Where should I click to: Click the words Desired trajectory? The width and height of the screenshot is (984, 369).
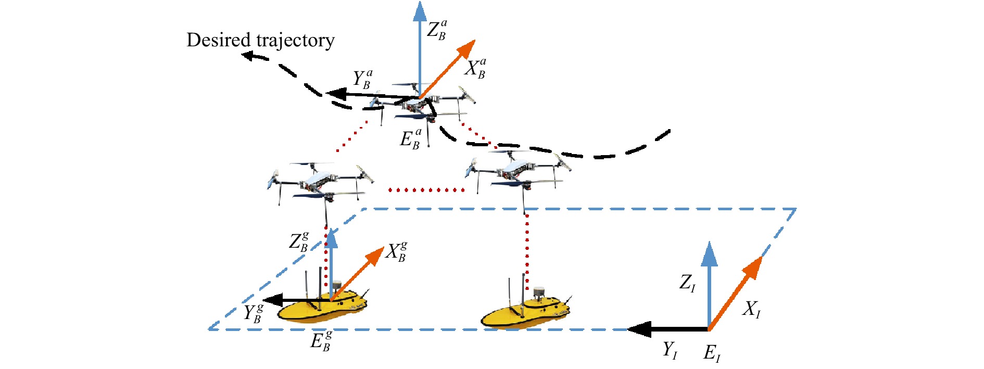[x=260, y=40]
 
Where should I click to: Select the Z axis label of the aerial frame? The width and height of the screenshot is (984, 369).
[x=436, y=30]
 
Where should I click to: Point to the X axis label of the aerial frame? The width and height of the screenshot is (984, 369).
[x=475, y=69]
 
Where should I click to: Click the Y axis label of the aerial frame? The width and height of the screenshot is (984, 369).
[x=362, y=80]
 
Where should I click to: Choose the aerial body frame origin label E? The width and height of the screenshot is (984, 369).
[x=410, y=139]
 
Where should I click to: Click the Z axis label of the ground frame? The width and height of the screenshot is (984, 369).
[x=299, y=242]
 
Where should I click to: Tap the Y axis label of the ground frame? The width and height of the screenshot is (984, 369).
[x=254, y=313]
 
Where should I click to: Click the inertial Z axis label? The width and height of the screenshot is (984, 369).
[x=687, y=283]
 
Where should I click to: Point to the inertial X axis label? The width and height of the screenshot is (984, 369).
[x=751, y=310]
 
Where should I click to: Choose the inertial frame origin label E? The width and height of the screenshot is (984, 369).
[x=712, y=353]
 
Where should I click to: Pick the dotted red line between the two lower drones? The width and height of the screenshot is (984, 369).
[x=427, y=190]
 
